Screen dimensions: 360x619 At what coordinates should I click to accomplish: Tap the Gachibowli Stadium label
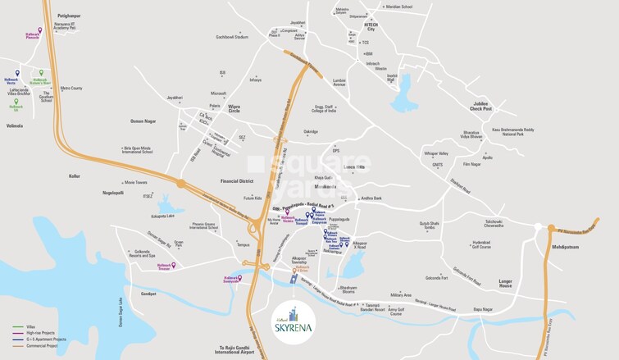[x=231, y=37]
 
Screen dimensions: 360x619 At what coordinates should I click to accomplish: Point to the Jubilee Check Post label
[x=481, y=106]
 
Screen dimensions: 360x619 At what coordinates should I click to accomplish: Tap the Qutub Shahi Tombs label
[x=430, y=225]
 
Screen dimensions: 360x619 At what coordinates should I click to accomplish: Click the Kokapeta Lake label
[x=165, y=216]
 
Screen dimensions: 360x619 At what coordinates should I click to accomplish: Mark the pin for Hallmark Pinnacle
[x=39, y=30]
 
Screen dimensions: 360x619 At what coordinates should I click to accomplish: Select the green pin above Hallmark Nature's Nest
[x=42, y=73]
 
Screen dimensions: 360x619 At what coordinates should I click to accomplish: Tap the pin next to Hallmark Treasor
[x=174, y=265]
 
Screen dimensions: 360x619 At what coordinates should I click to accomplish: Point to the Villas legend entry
[x=28, y=327]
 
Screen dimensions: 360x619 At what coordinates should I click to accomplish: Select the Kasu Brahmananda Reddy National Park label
[x=512, y=130]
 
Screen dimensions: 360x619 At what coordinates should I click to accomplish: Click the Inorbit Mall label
[x=392, y=77]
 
